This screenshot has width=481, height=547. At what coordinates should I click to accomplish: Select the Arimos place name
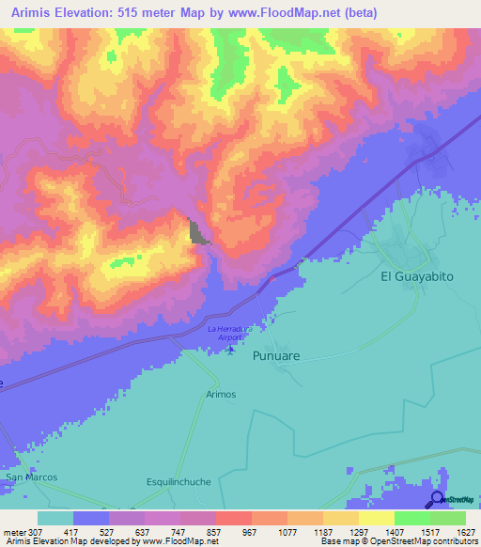click(220, 395)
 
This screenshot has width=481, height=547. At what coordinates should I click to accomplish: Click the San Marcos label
click(32, 477)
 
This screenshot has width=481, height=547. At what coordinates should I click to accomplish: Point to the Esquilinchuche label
click(177, 481)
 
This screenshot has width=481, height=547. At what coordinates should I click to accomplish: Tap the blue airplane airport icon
click(232, 351)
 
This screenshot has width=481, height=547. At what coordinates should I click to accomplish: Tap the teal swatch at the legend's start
click(55, 518)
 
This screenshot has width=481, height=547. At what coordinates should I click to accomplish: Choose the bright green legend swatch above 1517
click(412, 518)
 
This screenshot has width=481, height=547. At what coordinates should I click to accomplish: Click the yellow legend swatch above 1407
click(377, 518)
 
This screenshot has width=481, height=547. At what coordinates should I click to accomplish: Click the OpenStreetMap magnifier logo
click(437, 498)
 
